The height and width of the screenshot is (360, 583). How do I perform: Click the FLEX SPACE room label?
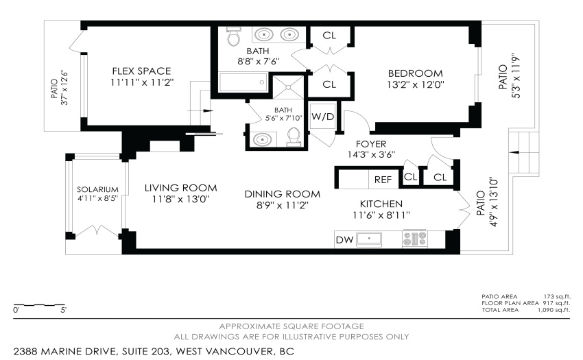pos(142,71)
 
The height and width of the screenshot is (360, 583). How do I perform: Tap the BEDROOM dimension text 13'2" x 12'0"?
pos(416,85)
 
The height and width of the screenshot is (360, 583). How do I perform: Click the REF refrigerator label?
pos(383,180)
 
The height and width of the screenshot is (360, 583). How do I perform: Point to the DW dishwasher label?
pos(344,240)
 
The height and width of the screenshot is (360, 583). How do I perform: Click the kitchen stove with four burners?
pos(415,239)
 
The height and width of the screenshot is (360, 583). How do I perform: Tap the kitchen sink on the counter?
pos(369,239)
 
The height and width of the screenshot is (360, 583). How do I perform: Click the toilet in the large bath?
pos(234,36)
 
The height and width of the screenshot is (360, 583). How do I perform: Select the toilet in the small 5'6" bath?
pos(294,136)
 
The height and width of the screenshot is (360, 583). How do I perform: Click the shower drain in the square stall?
pos(288,87)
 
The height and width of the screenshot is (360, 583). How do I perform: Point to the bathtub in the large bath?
pos(243,82)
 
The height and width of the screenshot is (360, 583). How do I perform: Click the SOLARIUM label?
pos(98,189)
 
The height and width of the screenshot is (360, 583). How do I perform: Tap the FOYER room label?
pos(371,144)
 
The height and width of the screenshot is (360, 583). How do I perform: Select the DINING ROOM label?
pos(283,194)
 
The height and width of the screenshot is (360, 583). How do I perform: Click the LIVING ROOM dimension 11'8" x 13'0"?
pos(181,200)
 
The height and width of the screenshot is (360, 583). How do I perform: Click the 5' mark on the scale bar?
pos(64,310)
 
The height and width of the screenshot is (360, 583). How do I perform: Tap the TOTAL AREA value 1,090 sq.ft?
pos(554,310)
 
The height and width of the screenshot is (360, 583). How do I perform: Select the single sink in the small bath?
pos(262,139)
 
